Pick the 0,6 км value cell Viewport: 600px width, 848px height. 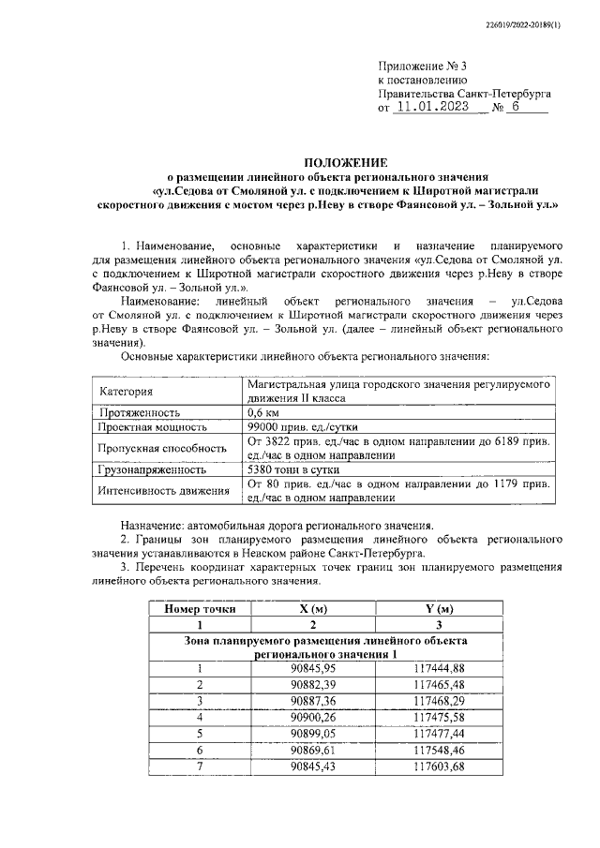click(263, 409)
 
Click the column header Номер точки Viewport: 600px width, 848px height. click(199, 608)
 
